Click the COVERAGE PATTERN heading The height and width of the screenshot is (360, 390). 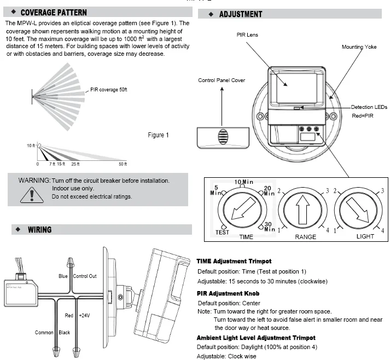53,12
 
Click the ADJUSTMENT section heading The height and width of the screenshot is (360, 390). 240,14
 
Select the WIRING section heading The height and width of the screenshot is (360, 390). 39,230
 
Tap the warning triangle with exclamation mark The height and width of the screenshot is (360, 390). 32,194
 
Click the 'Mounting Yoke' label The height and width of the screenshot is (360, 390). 360,47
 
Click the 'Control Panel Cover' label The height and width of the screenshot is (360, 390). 222,80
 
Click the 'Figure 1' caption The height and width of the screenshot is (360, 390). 159,135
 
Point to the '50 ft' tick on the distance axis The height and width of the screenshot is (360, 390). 122,164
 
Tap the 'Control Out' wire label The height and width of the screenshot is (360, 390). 84,276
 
